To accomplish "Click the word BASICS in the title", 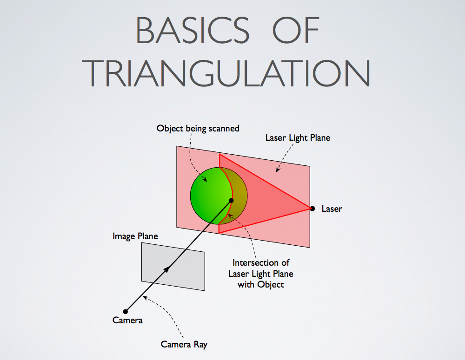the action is (x=193, y=30).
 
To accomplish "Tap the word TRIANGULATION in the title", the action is (x=226, y=73).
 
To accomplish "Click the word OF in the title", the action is (x=296, y=30).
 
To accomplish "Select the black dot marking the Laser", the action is (x=312, y=209).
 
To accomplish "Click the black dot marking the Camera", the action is (x=126, y=311).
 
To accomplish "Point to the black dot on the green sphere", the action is (x=231, y=201).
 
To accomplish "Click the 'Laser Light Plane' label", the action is (x=298, y=138).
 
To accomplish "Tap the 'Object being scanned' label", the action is (x=198, y=128).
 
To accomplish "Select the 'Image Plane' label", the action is (x=135, y=236).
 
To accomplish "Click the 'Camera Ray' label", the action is (x=184, y=344).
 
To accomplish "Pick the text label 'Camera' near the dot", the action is (x=127, y=320).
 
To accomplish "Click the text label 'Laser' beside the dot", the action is (x=332, y=209).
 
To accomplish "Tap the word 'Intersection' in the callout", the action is (x=252, y=262).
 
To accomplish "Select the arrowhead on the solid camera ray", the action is (x=167, y=269).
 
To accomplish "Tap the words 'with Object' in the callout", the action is (x=261, y=285).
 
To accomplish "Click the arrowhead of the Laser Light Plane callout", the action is (x=278, y=170).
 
